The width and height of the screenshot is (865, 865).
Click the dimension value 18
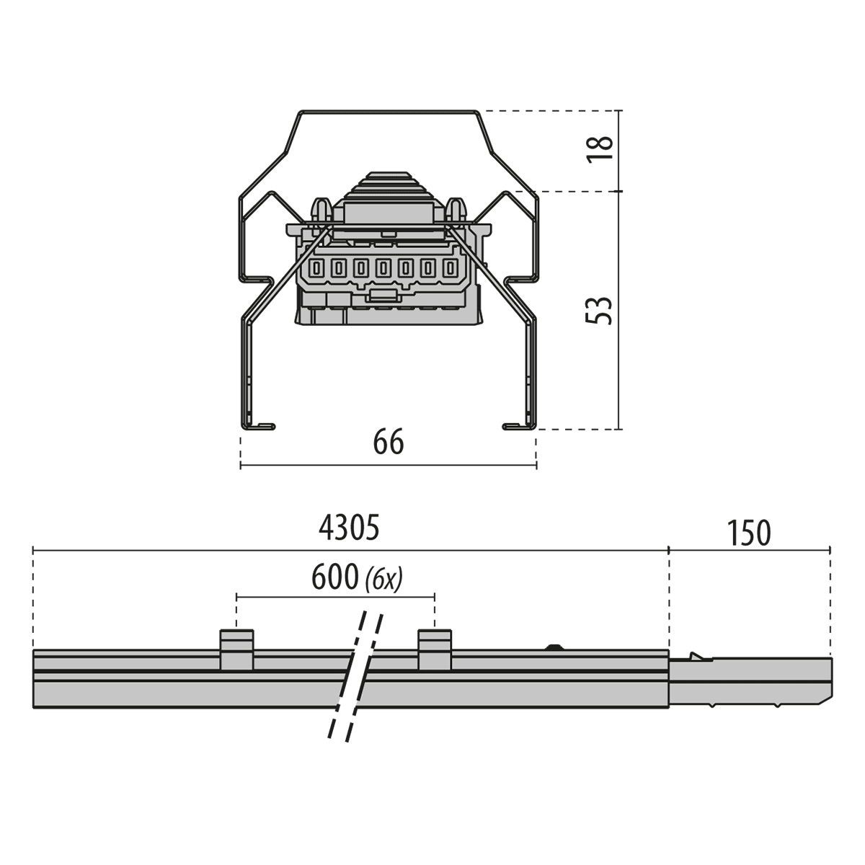pyautogui.click(x=600, y=148)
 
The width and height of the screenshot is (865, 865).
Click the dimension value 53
pyautogui.click(x=600, y=310)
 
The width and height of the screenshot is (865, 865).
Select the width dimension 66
pyautogui.click(x=389, y=442)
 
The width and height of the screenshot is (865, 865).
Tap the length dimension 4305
pyautogui.click(x=349, y=528)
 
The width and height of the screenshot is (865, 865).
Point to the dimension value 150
pyautogui.click(x=749, y=533)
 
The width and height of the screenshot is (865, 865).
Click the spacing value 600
pyautogui.click(x=334, y=577)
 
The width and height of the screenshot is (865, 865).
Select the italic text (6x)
pyautogui.click(x=384, y=578)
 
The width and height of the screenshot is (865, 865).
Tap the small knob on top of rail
pyautogui.click(x=554, y=647)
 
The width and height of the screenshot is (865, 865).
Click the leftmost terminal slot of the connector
pyautogui.click(x=316, y=269)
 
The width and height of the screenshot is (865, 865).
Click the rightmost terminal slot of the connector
pyautogui.click(x=451, y=269)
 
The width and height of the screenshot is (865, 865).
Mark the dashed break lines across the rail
pyautogui.click(x=355, y=678)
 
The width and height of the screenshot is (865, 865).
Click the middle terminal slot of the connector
pyautogui.click(x=383, y=269)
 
